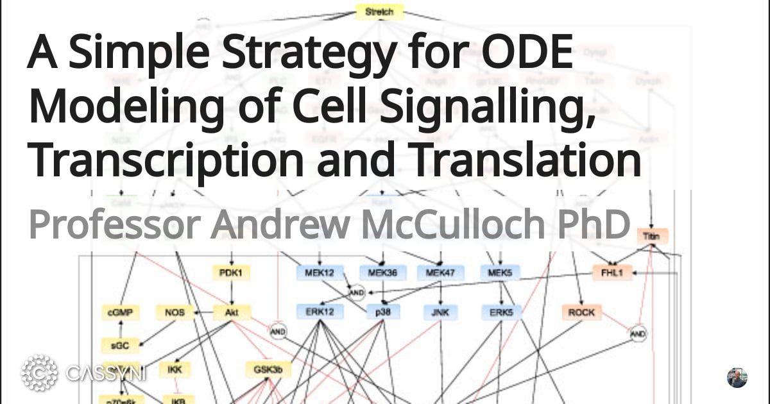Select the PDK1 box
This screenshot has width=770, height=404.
click(x=230, y=273)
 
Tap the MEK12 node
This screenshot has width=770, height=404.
click(x=320, y=273)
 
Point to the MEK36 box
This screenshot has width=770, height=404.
click(x=382, y=273)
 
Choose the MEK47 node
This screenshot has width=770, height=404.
click(x=440, y=273)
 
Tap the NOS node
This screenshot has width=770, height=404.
click(x=175, y=313)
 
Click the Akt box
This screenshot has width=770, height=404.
click(x=232, y=313)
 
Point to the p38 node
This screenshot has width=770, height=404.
click(x=383, y=313)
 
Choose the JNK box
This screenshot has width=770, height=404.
click(x=440, y=313)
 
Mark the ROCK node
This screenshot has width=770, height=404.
click(x=581, y=313)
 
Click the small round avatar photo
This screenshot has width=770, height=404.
click(x=737, y=378)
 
